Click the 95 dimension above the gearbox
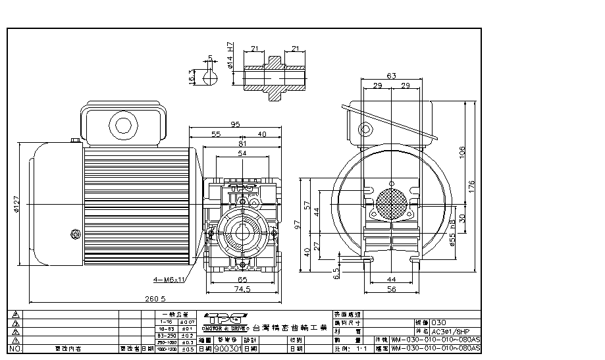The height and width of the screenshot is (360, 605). pos(234,124)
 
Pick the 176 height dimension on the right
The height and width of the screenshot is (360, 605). pos(471,186)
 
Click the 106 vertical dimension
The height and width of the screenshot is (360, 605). pos(463,152)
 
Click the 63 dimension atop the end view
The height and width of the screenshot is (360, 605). pos(392,76)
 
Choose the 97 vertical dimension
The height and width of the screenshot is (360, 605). pos(298,226)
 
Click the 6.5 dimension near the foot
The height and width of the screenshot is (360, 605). pos(337,271)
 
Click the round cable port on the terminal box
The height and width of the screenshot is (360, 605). pos(122,125)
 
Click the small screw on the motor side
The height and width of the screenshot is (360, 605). pos(74,232)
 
